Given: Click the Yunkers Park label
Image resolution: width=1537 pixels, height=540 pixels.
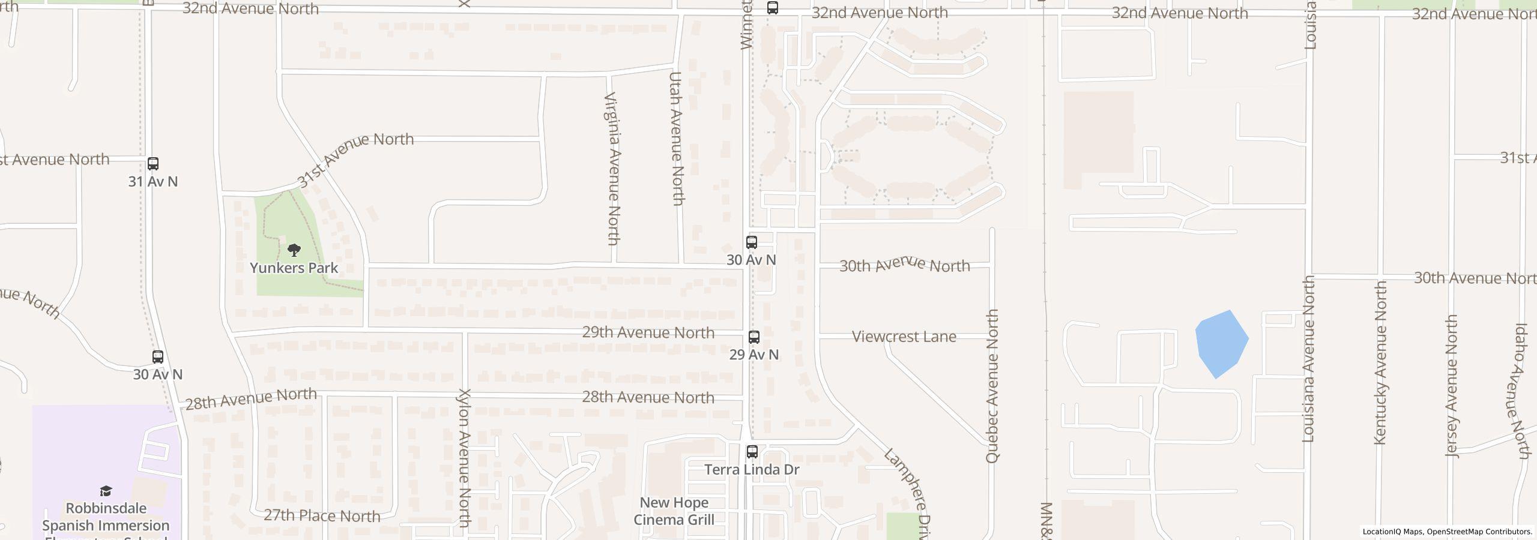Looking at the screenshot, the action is (294, 268).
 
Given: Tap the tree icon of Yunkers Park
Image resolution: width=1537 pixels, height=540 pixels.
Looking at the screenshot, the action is (294, 250).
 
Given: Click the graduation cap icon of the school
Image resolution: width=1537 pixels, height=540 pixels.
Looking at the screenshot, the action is (106, 491).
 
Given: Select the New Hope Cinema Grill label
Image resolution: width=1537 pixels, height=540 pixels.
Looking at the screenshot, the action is (674, 511).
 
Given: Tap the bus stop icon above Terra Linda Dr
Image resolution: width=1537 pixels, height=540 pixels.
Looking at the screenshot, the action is (752, 451).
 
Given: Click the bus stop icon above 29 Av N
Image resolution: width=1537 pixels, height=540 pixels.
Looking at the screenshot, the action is (753, 337).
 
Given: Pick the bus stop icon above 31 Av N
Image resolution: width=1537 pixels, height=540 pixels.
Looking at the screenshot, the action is (153, 164).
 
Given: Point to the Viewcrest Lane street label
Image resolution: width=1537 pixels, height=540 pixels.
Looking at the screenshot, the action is (904, 337).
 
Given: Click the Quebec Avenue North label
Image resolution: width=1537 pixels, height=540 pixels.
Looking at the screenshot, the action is (992, 386).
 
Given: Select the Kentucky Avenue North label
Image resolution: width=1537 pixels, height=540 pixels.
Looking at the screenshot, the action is (1380, 363).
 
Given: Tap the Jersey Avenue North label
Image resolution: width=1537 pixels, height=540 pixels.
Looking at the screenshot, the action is (1452, 386).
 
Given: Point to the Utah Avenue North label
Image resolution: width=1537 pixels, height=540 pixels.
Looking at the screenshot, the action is (677, 139).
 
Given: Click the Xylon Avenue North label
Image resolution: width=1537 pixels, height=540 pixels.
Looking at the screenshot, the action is (464, 458).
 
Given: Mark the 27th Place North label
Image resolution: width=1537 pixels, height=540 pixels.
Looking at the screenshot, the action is (322, 516).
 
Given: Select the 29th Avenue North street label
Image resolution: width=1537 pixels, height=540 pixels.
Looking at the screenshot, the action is (648, 332).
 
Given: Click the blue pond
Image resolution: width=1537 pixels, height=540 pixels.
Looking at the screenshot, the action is (1221, 343).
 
